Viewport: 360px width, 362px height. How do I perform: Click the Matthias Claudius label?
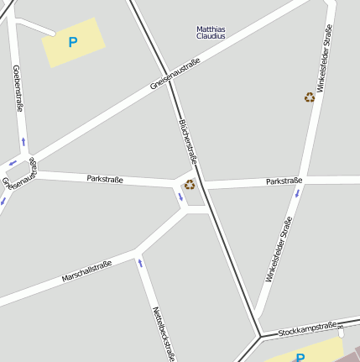211,33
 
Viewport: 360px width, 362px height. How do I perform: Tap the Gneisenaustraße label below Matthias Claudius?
175,74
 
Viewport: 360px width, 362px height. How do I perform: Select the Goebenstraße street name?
18,88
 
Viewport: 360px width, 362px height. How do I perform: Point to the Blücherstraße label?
188,140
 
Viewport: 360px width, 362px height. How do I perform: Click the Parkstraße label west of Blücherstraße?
105,179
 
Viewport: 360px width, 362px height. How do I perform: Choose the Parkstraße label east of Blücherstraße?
284,181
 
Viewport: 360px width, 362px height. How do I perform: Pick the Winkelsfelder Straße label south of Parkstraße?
279,249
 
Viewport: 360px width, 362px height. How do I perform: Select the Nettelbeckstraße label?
163,333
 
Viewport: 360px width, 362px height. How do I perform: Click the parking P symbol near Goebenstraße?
72,41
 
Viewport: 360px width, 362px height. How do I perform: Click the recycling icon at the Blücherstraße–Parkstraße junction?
190,184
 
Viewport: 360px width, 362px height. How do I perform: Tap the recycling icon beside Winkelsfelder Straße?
310,97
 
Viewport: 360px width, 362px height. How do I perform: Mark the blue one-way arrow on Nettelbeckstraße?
140,264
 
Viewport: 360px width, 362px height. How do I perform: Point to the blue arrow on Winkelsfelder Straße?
296,193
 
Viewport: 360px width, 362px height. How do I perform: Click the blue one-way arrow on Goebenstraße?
23,141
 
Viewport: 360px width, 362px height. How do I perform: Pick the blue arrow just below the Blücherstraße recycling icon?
180,197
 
